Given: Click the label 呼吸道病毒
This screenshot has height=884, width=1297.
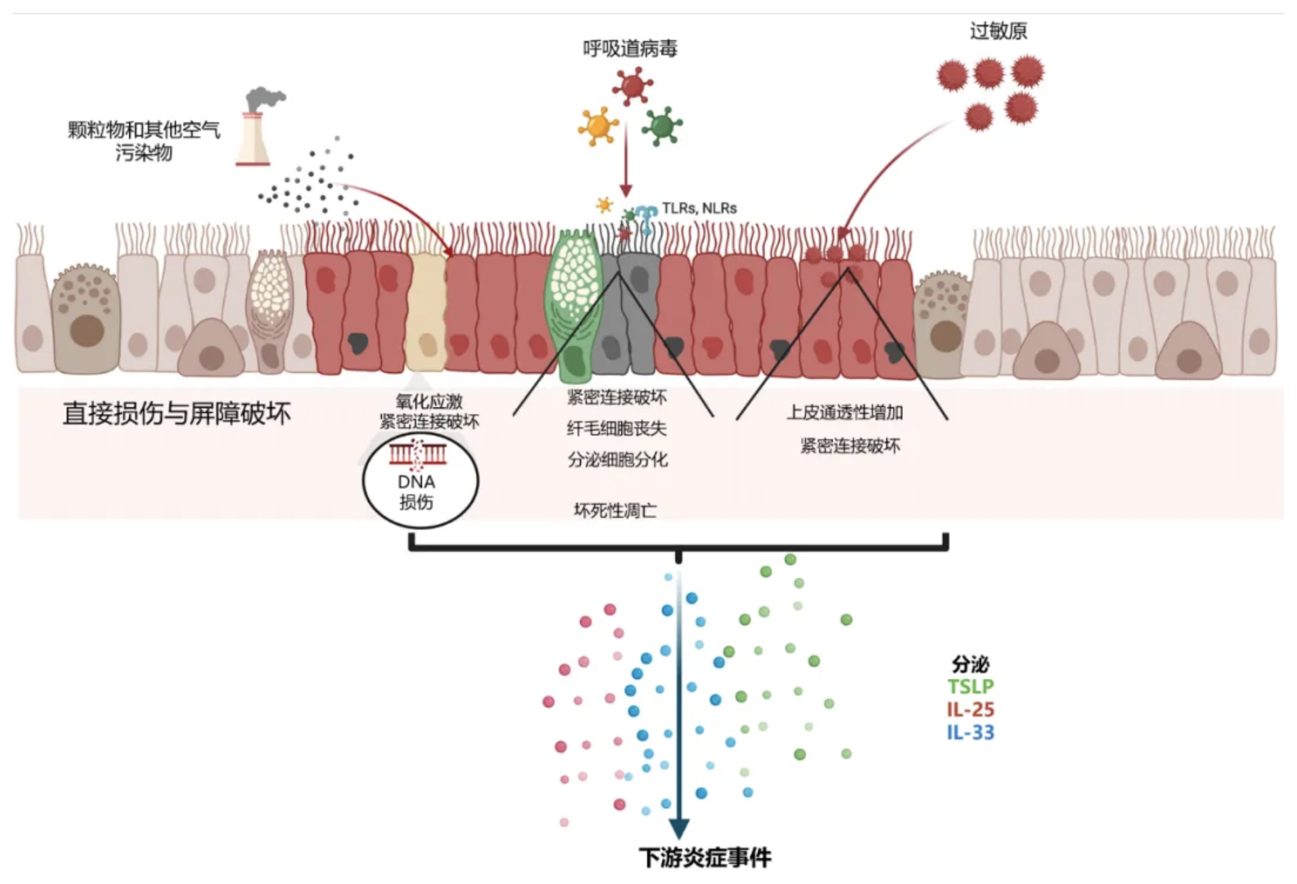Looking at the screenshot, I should pos(630,49).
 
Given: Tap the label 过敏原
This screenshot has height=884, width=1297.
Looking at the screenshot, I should pos(998,31).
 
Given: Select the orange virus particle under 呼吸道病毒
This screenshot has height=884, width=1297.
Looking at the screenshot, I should pos(598,126).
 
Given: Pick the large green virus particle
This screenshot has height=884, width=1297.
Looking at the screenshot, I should pos(661,126).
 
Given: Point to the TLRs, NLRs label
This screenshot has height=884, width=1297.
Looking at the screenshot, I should pos(699,208).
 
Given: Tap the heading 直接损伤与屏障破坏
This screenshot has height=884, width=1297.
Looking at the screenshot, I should pos(177,413).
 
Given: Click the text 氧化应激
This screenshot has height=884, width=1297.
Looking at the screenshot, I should pos(428,402).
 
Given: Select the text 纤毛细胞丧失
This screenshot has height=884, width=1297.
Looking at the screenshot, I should pos(617,428).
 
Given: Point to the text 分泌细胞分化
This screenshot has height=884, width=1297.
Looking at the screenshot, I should pos(617,460).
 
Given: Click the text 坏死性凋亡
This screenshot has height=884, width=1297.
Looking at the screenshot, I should pos(615,510).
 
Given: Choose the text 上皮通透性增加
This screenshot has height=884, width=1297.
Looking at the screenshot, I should pos(845,412).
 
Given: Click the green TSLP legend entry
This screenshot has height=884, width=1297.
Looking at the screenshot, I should pos(970,686).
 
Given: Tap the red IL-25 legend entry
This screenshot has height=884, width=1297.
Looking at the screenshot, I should pos(970,709).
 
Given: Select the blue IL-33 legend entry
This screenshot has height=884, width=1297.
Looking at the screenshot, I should pos(970,732).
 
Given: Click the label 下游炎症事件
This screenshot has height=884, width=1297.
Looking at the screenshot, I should pos(705,858).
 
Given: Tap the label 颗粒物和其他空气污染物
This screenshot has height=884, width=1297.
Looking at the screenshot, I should pos(144,141).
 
